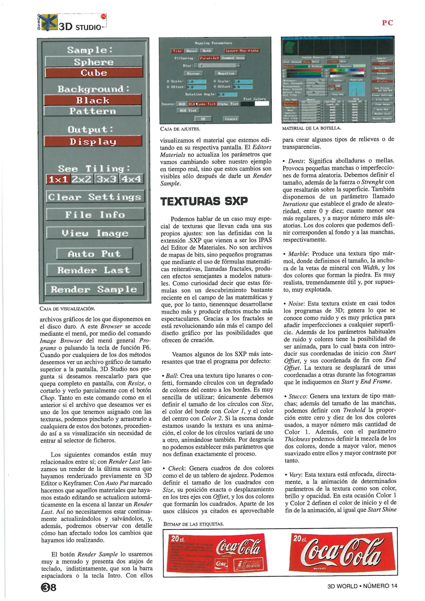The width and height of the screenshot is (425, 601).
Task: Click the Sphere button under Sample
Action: (94, 61)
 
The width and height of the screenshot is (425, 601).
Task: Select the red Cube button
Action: (94, 73)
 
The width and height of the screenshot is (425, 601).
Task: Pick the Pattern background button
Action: (93, 111)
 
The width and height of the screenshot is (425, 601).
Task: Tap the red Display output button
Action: (93, 141)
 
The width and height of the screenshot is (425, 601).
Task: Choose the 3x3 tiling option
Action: (106, 179)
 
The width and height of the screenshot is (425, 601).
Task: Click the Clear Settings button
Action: (95, 197)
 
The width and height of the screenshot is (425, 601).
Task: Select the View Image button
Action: (95, 233)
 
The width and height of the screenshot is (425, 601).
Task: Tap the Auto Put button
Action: (94, 253)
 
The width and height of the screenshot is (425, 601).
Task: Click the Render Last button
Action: (94, 270)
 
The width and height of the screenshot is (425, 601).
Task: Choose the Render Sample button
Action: (94, 289)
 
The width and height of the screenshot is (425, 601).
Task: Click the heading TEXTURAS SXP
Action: (204, 201)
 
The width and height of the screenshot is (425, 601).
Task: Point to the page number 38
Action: (48, 587)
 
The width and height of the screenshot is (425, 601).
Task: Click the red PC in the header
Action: (387, 23)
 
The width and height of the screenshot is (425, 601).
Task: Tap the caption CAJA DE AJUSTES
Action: (180, 129)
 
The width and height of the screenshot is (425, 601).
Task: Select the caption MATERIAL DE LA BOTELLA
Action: (311, 128)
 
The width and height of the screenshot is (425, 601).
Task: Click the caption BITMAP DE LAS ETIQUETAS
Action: (193, 524)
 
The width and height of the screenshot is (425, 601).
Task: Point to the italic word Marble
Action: (298, 254)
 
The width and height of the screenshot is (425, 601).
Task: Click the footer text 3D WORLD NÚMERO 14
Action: (362, 586)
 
